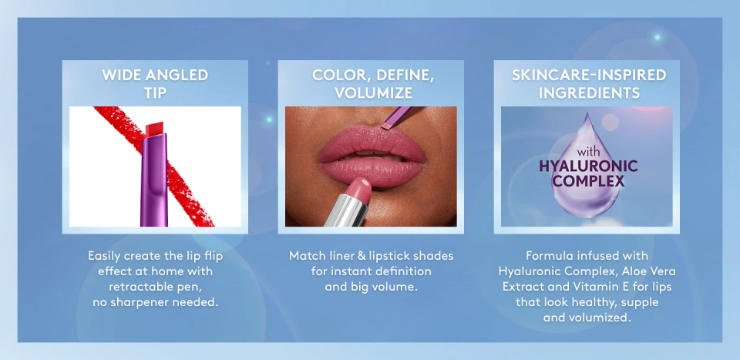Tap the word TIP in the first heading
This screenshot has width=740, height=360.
[155, 93]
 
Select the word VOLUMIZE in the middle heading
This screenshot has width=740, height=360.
[373, 93]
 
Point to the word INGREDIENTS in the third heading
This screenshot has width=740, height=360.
[589, 93]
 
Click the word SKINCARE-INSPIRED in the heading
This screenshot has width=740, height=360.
[589, 75]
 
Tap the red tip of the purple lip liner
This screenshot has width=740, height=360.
[155, 128]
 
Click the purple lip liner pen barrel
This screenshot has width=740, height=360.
[154, 180]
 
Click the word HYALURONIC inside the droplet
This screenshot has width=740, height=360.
[588, 166]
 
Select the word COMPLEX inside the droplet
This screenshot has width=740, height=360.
[588, 181]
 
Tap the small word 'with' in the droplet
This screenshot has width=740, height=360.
[588, 153]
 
